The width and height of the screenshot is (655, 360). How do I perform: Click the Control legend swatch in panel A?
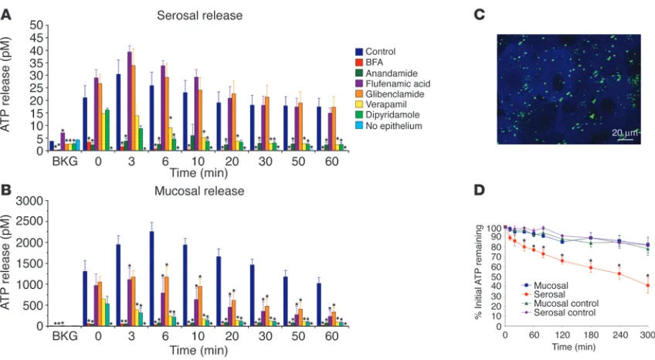pos(359,52)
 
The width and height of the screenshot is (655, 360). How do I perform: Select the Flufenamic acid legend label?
pos(398,83)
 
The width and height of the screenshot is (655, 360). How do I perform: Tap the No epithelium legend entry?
pos(389,126)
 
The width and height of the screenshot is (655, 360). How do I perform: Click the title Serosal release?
pos(200,15)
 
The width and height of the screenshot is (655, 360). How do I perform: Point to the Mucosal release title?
pos(199,191)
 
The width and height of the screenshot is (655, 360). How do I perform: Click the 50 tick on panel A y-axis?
pos(36,25)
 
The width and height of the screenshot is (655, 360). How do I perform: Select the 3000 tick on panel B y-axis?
pos(29,201)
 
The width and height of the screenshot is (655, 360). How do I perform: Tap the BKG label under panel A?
pos(65,161)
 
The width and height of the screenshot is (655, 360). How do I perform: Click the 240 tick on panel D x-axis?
pos(619,335)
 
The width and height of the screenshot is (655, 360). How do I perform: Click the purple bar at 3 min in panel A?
pos(130,101)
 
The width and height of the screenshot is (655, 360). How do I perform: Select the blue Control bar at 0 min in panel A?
pos(85,124)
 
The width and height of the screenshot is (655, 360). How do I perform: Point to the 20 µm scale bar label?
pos(625,133)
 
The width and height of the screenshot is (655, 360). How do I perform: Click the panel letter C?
pos(480,15)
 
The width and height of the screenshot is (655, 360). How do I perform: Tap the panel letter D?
pos(480,191)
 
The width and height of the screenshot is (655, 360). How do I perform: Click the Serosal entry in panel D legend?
pos(544,294)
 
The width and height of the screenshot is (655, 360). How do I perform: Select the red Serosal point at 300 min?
pos(648,286)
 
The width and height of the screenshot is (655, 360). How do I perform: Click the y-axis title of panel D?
pos(478,271)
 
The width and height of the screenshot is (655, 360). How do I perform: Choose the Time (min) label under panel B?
pos(199,350)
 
